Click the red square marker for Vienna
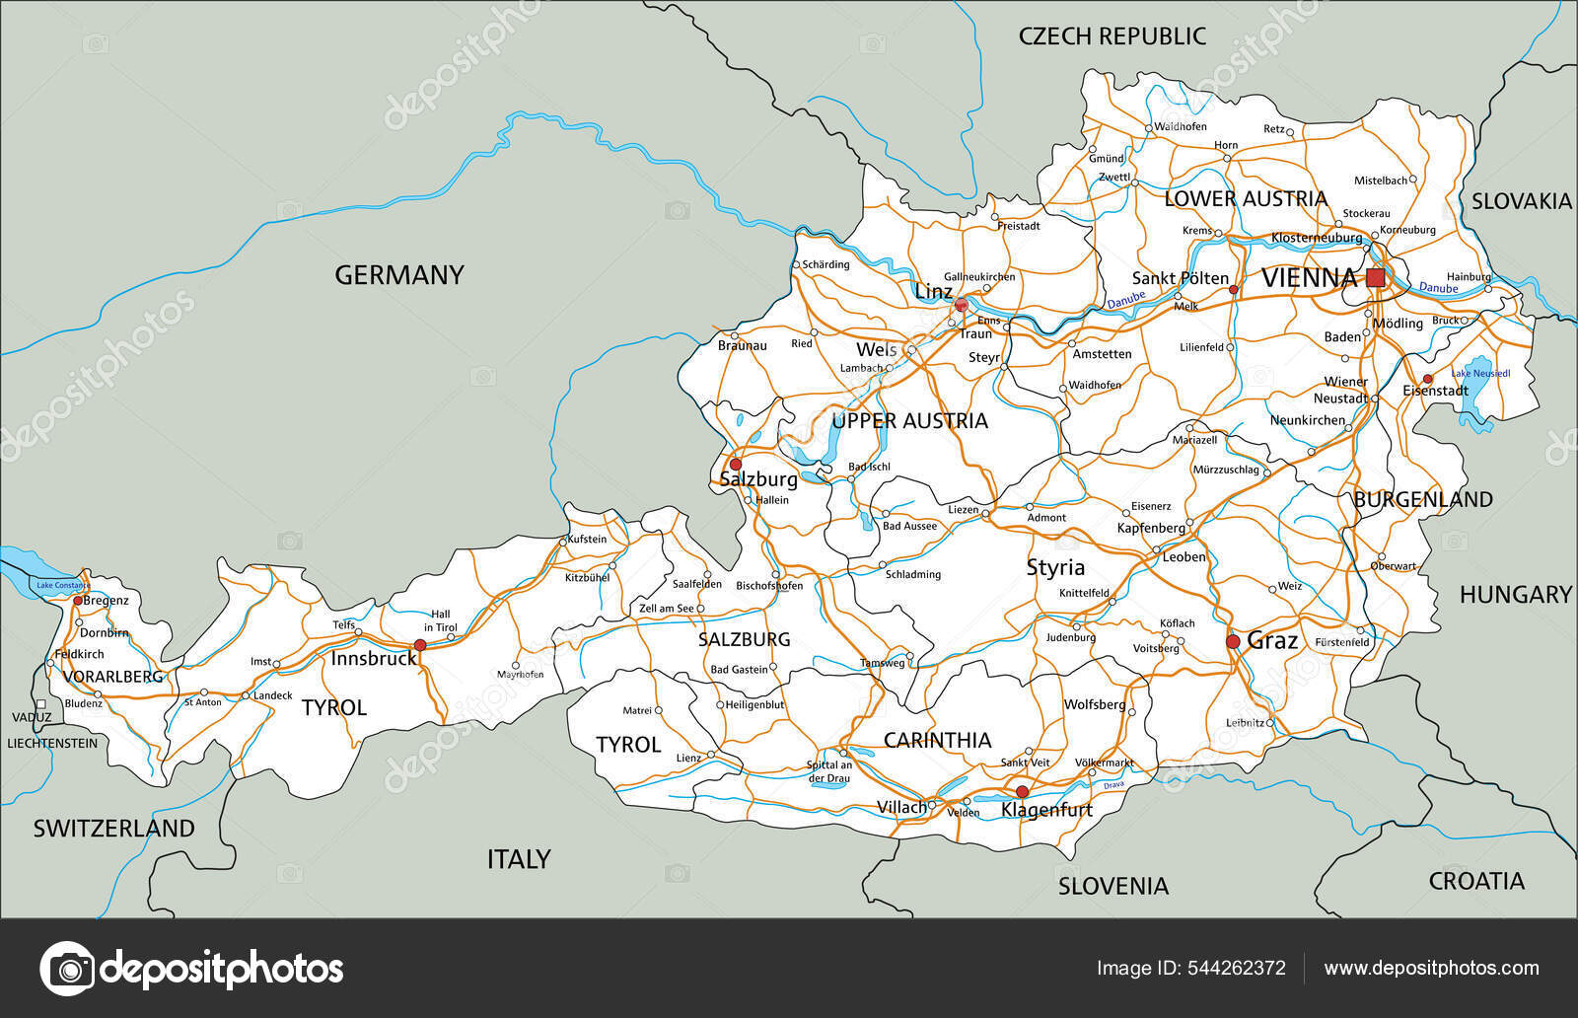1375,278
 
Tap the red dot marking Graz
1233,641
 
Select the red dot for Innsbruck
420,645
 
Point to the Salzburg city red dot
735,464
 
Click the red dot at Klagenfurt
1022,792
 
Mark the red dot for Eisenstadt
1427,379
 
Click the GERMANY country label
398,275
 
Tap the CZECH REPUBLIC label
1112,36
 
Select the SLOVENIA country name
1112,886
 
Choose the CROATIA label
1476,881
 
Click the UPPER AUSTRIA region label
908,421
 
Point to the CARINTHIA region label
936,740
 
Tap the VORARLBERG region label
113,677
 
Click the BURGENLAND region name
1422,500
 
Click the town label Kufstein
587,540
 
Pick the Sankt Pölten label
1180,278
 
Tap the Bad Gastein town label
739,670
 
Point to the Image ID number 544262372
1233,968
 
